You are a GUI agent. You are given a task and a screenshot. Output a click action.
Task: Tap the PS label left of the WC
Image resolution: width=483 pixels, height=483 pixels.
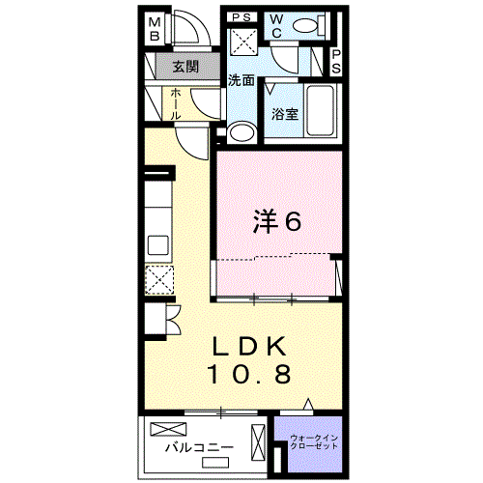(x=241, y=16)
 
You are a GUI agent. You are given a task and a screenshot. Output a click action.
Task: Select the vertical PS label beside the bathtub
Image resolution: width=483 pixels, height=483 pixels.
(x=336, y=63)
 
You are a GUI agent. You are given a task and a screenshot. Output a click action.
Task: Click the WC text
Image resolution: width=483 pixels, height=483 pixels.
(x=274, y=26)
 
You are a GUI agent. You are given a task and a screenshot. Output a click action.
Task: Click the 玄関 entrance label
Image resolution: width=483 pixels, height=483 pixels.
(x=185, y=67)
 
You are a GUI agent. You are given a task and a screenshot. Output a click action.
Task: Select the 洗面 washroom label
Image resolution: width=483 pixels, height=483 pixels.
(x=241, y=80)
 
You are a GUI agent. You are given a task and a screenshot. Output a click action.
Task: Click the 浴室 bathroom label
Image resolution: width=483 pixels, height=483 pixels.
(x=284, y=113)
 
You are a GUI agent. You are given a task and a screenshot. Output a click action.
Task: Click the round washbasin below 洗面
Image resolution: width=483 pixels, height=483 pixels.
(x=242, y=131)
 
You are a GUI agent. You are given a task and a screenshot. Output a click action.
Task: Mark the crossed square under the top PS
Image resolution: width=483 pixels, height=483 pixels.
(x=242, y=42)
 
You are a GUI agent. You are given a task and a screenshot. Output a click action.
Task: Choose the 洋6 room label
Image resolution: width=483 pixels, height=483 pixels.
(x=278, y=221)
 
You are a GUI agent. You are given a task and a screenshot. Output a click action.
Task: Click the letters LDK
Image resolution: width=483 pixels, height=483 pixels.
(x=249, y=345)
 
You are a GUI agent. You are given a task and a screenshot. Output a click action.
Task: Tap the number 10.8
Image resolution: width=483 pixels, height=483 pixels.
(x=249, y=374)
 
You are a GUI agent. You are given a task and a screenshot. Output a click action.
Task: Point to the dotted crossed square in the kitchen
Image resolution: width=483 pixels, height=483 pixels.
(x=158, y=281)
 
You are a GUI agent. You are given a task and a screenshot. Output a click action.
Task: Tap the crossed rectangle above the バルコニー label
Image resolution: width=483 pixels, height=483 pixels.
(x=172, y=428)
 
